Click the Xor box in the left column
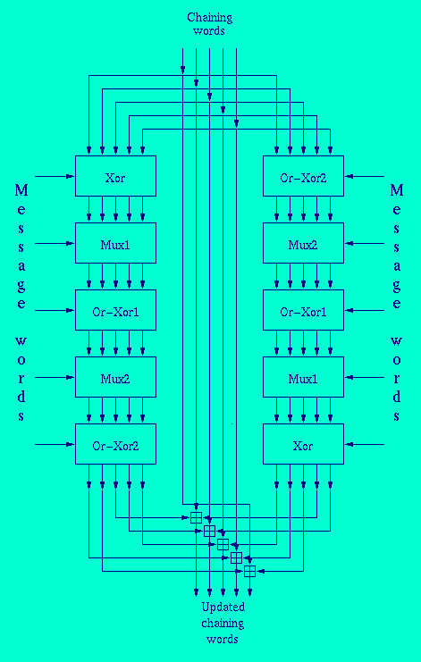coord(115,176)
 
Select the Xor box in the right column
coord(303,444)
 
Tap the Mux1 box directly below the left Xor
coord(115,243)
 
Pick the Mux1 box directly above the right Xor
coord(303,377)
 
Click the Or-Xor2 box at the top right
coord(303,176)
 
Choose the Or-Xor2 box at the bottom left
coord(115,444)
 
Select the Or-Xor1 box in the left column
coord(115,310)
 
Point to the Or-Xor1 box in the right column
coord(303,310)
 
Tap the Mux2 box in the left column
coord(115,377)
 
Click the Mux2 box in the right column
coord(303,243)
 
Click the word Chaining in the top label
coord(209,19)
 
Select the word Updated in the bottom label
coord(223,608)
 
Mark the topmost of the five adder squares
coord(196,517)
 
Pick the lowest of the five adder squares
coord(249,571)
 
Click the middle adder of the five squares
coord(223,544)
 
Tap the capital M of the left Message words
coord(21,191)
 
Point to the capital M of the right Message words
coord(397,191)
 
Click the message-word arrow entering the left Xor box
coord(55,176)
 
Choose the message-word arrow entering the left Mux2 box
coord(55,377)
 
